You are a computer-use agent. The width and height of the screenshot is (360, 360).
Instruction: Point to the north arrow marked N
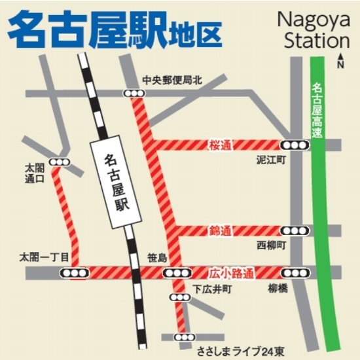[340, 62]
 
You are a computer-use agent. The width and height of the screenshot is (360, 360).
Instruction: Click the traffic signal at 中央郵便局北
[135, 94]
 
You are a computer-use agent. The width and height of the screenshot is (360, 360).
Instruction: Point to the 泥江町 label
[270, 160]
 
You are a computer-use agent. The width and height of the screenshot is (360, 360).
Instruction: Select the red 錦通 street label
[221, 231]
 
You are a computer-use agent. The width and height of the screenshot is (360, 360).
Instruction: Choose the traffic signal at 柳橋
[292, 272]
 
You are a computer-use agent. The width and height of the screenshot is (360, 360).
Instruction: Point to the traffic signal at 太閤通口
[60, 162]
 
